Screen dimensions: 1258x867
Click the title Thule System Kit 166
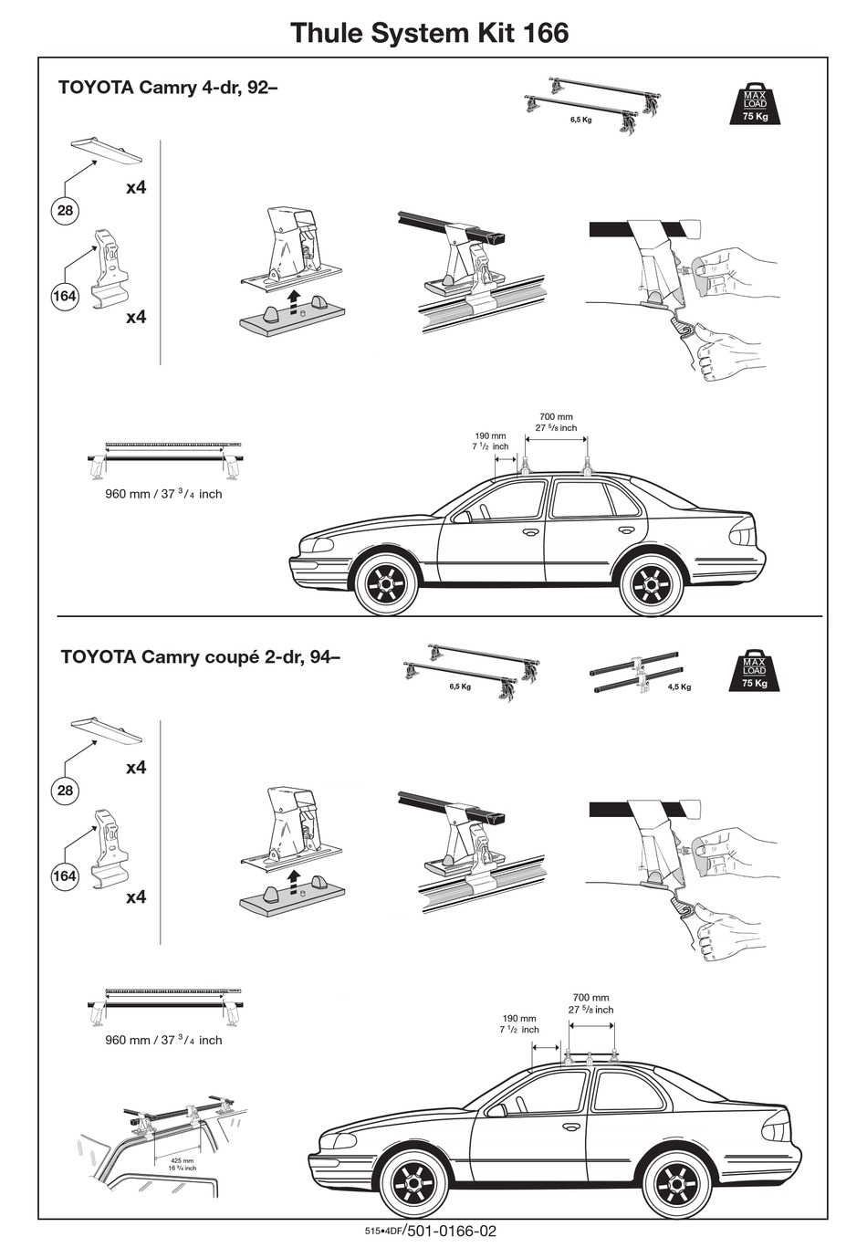tap(429, 33)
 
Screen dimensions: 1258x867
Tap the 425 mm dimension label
tap(182, 1161)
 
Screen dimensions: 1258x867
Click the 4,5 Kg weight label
tap(679, 687)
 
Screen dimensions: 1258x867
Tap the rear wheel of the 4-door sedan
tap(652, 581)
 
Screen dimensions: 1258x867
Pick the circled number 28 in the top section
tap(65, 211)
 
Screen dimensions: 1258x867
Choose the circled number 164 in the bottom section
tap(65, 876)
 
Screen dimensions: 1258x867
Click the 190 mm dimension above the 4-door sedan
tap(490, 436)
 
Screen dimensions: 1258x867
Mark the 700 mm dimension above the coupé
tap(590, 998)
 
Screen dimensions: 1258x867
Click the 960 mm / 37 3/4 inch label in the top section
tap(163, 494)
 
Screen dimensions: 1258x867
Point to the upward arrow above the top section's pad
tap(292, 298)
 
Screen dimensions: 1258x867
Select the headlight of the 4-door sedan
tap(319, 544)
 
